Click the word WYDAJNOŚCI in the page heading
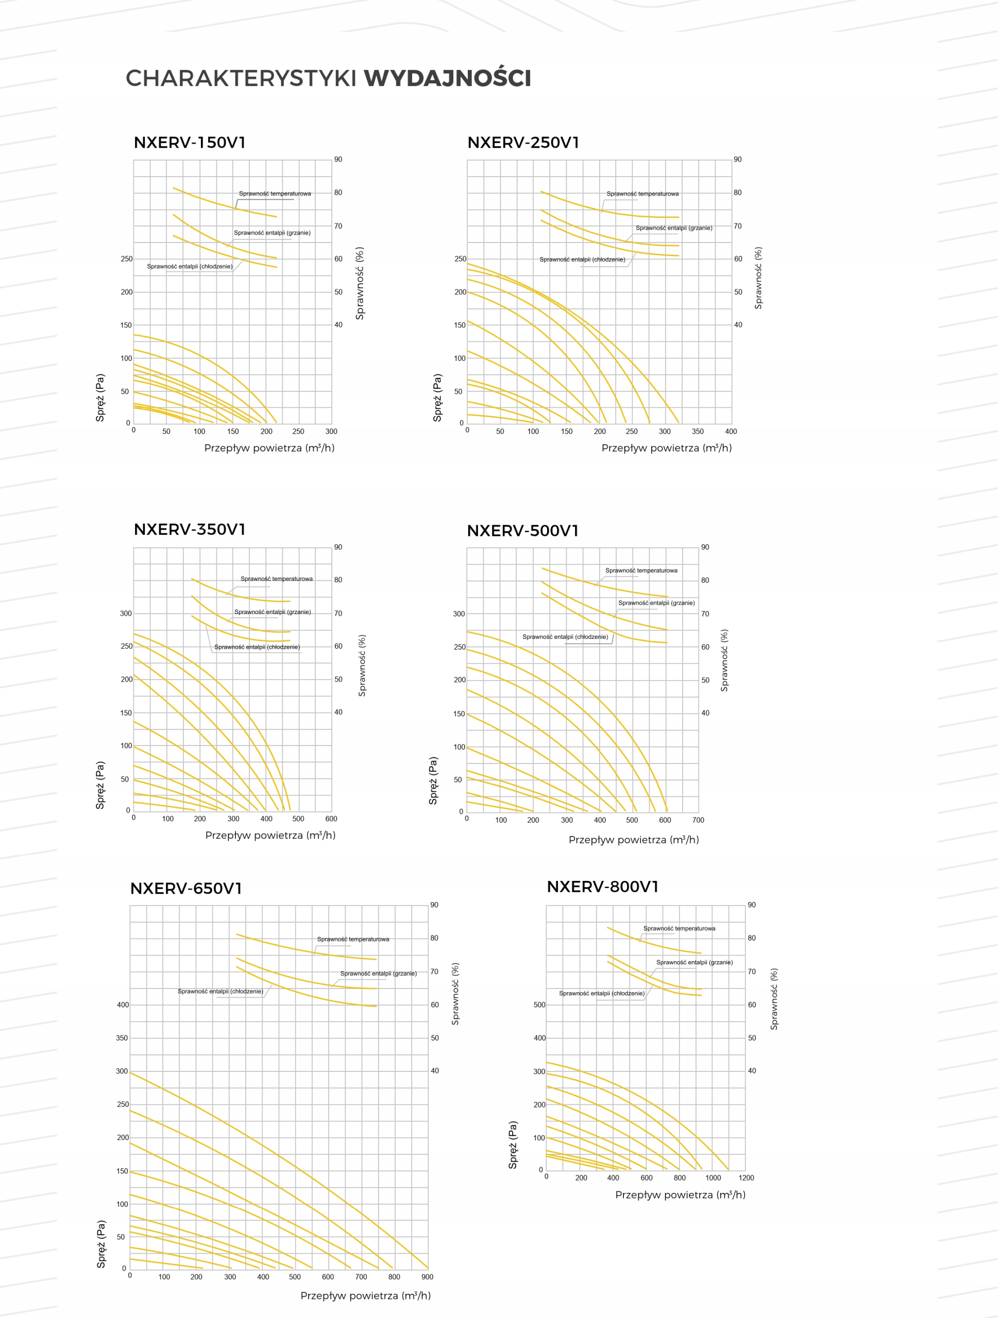point(448,79)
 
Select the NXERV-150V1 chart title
point(190,143)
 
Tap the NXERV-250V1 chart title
point(524,143)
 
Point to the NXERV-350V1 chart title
point(190,530)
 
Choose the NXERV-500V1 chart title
point(523,531)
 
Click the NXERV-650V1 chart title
point(186,889)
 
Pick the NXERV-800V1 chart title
point(603,887)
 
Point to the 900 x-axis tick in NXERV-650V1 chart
point(428,1277)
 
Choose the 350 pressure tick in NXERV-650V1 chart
point(122,1038)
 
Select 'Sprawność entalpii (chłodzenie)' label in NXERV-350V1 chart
point(258,648)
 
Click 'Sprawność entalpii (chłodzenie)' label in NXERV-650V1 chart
point(220,992)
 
